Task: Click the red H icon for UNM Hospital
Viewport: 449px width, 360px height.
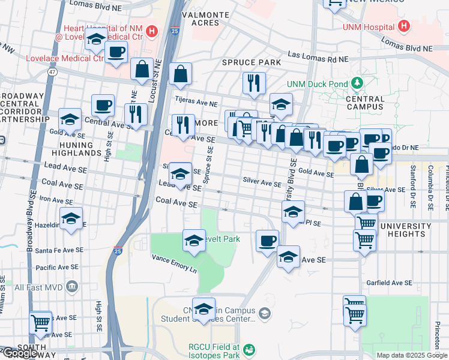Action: tap(404, 27)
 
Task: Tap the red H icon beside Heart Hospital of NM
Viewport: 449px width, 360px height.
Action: tap(152, 31)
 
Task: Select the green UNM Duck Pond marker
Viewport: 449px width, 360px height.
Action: tap(358, 82)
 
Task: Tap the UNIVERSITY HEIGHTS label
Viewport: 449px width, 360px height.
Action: tap(401, 230)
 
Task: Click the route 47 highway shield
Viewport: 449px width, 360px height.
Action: tap(52, 72)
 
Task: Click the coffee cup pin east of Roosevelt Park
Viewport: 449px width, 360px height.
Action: tap(267, 241)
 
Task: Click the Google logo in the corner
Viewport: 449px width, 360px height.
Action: tap(20, 353)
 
